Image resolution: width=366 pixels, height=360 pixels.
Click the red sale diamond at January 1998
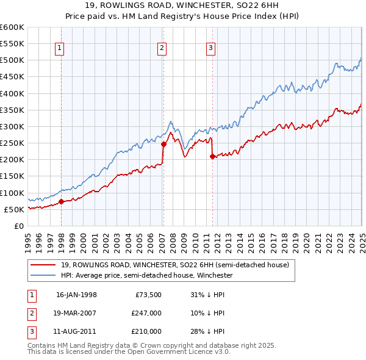coord(62,201)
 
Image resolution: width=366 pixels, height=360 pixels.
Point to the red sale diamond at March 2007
coord(163,145)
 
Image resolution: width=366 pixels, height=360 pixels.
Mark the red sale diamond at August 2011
coord(212,157)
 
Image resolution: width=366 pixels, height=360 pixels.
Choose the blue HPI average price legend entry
coord(146,275)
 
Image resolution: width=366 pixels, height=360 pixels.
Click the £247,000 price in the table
coord(147,313)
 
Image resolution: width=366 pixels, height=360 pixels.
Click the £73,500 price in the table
coord(149,295)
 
